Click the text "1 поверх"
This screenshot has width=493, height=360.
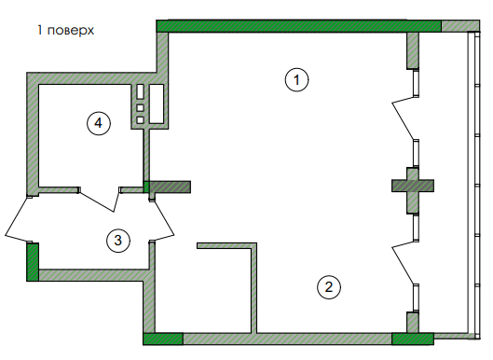pyautogui.click(x=65, y=30)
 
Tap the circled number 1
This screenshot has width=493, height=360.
pyautogui.click(x=295, y=80)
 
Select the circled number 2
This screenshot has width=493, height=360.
pyautogui.click(x=326, y=287)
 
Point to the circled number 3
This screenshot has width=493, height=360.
pyautogui.click(x=116, y=241)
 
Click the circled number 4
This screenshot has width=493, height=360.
pyautogui.click(x=99, y=121)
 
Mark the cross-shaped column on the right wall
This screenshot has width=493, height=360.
pyautogui.click(x=414, y=185)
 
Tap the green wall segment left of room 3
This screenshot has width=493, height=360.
pyautogui.click(x=32, y=260)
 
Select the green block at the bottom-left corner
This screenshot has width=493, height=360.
pyautogui.click(x=162, y=339)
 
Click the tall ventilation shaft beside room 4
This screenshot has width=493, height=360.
pyautogui.click(x=157, y=103)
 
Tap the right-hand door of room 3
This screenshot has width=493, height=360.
pyautogui.click(x=162, y=216)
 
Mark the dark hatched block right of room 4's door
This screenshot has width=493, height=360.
pyautogui.click(x=170, y=187)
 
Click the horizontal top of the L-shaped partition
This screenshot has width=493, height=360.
pyautogui.click(x=226, y=246)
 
